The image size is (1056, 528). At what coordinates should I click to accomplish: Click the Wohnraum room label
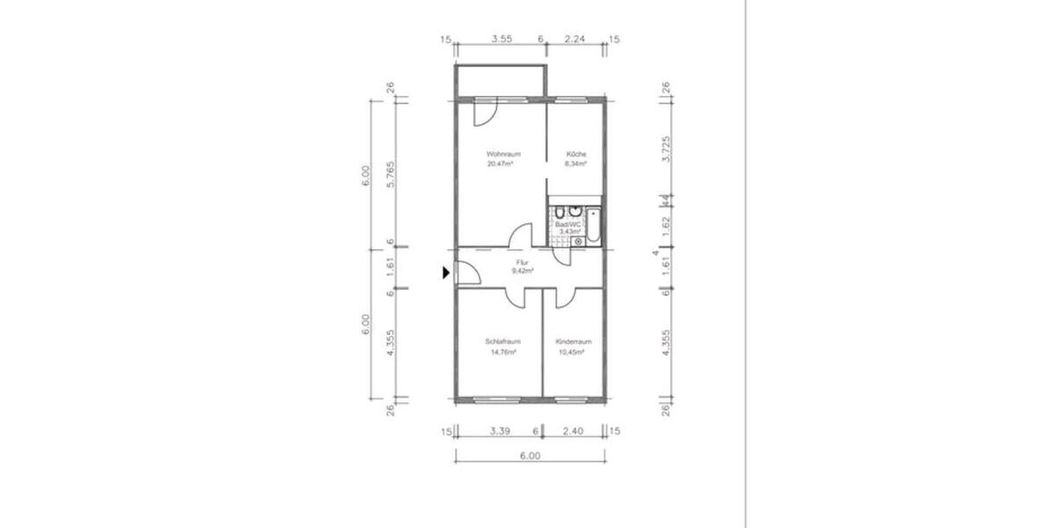(x=497, y=154)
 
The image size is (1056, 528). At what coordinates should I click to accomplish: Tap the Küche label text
(x=576, y=154)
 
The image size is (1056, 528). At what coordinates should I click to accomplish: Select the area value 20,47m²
(x=499, y=164)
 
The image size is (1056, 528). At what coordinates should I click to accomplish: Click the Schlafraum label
(x=503, y=341)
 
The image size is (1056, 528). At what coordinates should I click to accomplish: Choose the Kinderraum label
(x=573, y=341)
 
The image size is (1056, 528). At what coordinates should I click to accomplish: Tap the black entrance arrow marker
(x=446, y=274)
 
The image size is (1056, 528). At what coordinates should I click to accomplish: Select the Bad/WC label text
(x=568, y=224)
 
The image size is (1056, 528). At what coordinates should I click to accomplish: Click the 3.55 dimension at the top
(x=502, y=39)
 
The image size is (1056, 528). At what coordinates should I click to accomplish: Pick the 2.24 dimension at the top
(x=575, y=39)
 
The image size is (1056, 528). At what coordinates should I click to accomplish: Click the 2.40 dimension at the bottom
(x=573, y=431)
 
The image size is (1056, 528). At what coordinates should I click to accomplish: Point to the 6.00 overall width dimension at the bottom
(x=529, y=456)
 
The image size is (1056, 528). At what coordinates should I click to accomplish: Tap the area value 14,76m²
(x=503, y=351)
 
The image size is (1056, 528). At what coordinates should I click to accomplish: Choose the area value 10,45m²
(x=572, y=351)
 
